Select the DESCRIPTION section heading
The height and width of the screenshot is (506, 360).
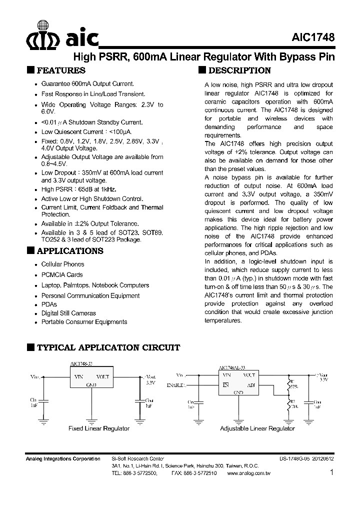click(x=239, y=70)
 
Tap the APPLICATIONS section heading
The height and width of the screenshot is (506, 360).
click(x=70, y=250)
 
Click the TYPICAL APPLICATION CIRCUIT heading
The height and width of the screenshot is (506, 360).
click(x=108, y=347)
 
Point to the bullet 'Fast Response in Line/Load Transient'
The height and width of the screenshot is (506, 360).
click(x=93, y=94)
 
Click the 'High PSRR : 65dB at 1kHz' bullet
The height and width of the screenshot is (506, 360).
click(x=78, y=189)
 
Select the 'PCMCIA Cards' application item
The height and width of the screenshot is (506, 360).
click(x=62, y=274)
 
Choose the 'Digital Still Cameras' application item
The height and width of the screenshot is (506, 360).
click(x=68, y=313)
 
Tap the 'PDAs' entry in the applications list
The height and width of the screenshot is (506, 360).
click(x=49, y=304)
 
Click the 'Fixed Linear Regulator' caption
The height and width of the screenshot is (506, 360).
click(x=98, y=428)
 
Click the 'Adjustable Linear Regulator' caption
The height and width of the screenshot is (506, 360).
click(x=257, y=428)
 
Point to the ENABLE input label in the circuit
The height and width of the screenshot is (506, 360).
click(x=175, y=385)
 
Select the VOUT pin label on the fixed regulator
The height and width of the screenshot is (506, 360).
click(x=102, y=376)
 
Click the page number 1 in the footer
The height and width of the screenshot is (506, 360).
click(x=332, y=472)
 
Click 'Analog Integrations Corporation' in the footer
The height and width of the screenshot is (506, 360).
click(x=62, y=459)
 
